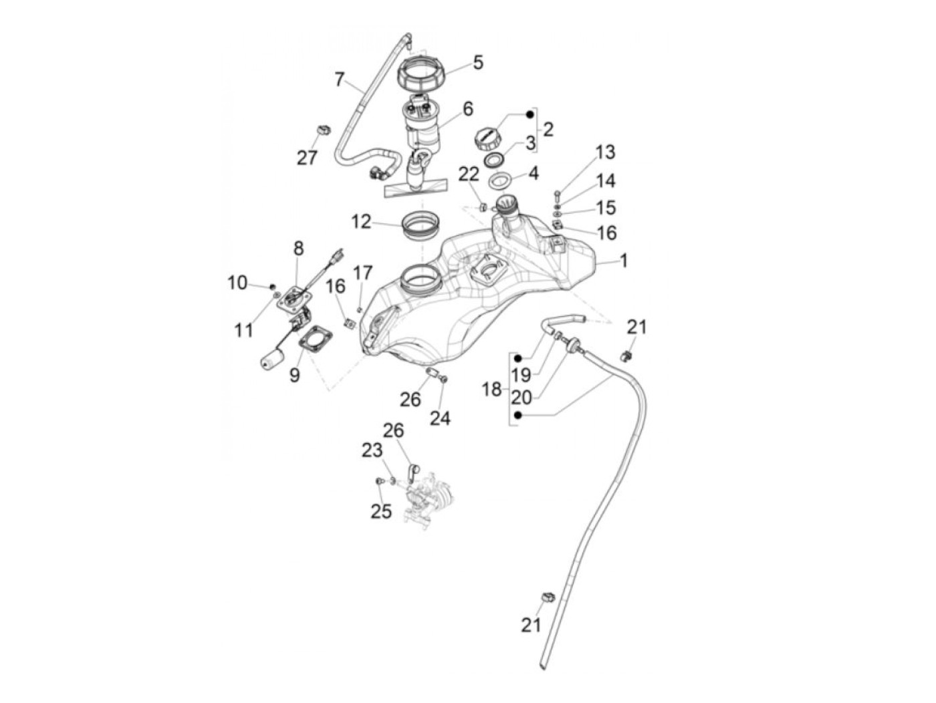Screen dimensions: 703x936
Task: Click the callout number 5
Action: [477, 63]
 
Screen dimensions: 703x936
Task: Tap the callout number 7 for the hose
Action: [340, 80]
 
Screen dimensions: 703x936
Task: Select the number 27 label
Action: [307, 158]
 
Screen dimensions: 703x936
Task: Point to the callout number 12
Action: [361, 221]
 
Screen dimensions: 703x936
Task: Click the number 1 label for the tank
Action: [624, 261]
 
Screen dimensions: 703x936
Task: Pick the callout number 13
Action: [605, 152]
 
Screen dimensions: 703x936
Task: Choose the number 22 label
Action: [469, 174]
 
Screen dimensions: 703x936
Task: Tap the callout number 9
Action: [295, 375]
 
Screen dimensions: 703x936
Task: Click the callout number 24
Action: [440, 418]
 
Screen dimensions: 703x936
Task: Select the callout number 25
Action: [381, 511]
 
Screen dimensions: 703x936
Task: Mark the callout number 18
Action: [491, 389]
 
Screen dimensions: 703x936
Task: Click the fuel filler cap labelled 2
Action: [486, 139]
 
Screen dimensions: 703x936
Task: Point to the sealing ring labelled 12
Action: [421, 224]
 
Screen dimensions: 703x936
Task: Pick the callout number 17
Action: [362, 273]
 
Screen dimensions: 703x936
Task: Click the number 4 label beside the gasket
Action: [533, 174]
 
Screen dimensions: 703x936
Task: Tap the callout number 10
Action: [237, 283]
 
